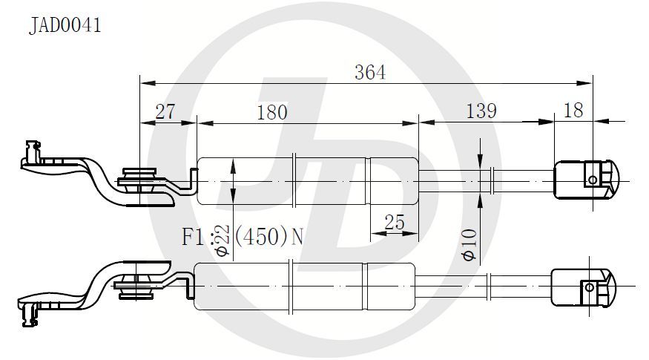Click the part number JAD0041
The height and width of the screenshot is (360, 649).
pos(65,25)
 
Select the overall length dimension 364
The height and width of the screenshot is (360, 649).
pos(370,73)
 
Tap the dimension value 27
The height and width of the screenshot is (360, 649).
pos(165,111)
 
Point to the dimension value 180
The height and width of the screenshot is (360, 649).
pos(272,112)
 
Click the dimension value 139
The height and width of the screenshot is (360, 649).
pos(481,111)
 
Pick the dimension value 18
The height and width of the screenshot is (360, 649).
pos(573,110)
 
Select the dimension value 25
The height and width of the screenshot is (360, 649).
pos(394,223)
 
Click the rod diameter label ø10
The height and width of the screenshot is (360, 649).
pos(470,245)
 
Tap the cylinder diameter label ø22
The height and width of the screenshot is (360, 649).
pos(223,240)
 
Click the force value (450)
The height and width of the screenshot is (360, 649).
pos(261,237)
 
